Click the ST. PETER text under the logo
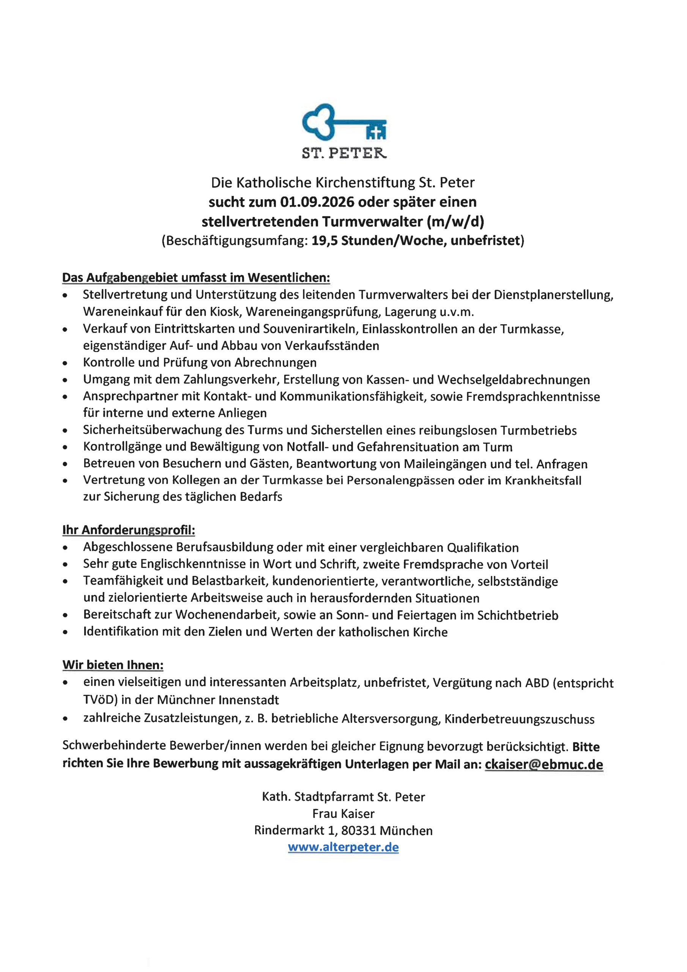point(344,153)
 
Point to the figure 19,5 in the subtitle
point(324,241)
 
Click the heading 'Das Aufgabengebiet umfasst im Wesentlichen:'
point(196,278)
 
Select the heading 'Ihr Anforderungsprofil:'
point(129,530)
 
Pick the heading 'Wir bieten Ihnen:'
point(113,665)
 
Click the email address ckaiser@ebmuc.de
point(544,764)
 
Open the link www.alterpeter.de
point(343,847)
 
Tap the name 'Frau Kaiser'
point(343,814)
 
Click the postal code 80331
point(359,831)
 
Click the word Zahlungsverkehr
point(231,380)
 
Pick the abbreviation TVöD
point(100,700)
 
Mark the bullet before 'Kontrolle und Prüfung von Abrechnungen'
point(65,363)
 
